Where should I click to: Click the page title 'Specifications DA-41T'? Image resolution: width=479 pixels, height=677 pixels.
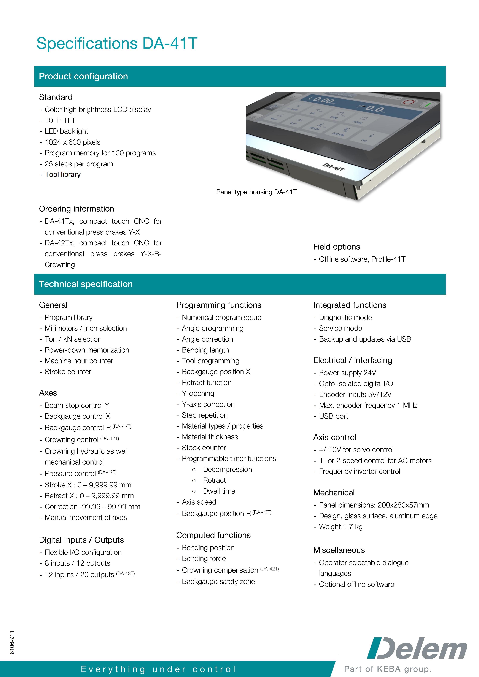click(117, 43)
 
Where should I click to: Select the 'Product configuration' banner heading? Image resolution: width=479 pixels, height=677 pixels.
click(83, 76)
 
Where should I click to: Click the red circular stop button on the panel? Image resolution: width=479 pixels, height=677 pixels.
click(409, 103)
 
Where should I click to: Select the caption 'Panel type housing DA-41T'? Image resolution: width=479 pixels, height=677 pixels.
click(256, 192)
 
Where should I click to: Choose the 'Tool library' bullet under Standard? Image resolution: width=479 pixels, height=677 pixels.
click(62, 175)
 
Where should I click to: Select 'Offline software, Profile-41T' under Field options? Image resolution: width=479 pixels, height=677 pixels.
click(362, 259)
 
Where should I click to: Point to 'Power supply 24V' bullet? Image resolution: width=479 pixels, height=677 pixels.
click(347, 373)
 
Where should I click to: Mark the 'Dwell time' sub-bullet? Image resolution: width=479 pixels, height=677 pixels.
click(219, 491)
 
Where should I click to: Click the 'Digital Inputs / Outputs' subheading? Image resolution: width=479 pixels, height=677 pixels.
click(81, 540)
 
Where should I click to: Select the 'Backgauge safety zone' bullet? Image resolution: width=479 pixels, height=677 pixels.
click(218, 581)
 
